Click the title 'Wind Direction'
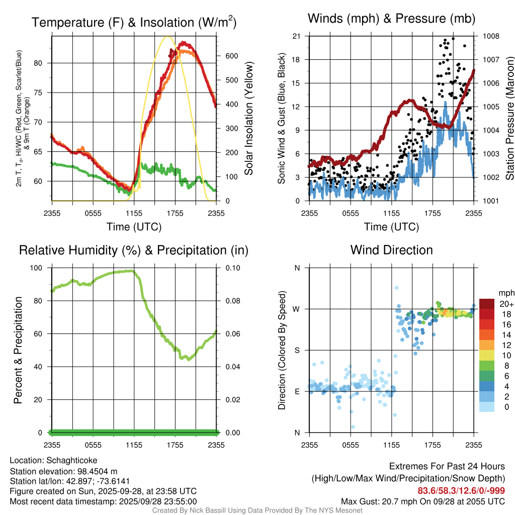[391, 250]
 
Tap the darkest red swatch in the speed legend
[487, 304]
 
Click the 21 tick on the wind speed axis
[296, 36]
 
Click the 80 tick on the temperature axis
[44, 63]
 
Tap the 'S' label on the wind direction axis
[297, 350]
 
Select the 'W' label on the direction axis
[297, 309]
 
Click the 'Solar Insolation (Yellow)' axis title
[249, 119]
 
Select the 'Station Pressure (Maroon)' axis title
[509, 119]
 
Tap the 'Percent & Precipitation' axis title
[18, 350]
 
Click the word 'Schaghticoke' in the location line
[71, 460]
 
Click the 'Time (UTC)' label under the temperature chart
[134, 227]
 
